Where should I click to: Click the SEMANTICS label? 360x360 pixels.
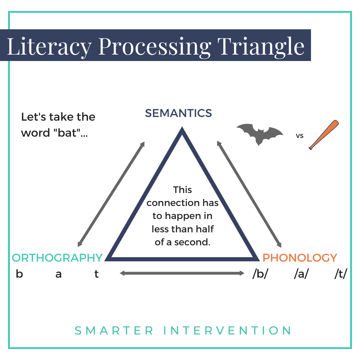(178, 113)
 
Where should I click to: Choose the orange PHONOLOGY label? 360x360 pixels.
(300, 258)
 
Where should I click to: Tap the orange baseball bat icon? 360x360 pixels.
(324, 135)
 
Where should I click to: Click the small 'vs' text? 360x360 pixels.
(300, 136)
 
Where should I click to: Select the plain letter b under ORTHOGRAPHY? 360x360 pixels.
(19, 274)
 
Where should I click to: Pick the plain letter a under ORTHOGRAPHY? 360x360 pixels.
(59, 275)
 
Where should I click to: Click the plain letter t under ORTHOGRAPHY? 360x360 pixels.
(97, 274)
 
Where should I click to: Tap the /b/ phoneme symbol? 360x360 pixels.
(260, 274)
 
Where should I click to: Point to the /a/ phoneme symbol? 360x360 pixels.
(301, 274)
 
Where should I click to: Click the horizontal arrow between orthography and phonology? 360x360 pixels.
(182, 273)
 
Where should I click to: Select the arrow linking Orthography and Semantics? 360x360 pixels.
(111, 194)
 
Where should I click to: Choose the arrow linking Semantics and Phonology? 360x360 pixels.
(250, 193)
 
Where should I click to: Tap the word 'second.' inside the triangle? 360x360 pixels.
(194, 242)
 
